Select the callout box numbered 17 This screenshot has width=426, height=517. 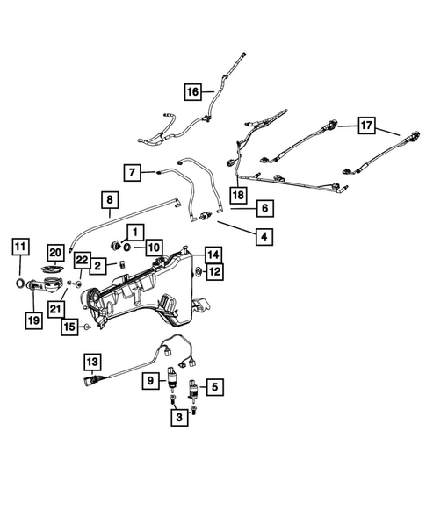[x=366, y=126]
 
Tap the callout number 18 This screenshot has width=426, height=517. [x=238, y=194]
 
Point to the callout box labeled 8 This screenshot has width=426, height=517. [x=109, y=200]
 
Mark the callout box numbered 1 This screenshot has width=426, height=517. [x=137, y=232]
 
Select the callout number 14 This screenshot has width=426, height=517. [x=213, y=255]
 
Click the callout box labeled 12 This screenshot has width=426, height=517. [x=213, y=273]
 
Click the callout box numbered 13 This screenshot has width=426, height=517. [x=92, y=361]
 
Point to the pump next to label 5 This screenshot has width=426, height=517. [x=191, y=387]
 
